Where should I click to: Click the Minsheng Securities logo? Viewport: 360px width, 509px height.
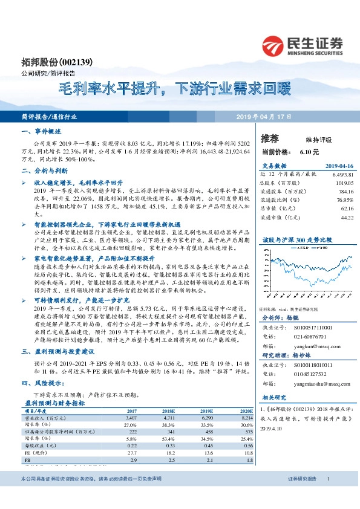coord(303,46)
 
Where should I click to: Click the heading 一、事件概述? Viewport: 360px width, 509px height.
coord(41,131)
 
